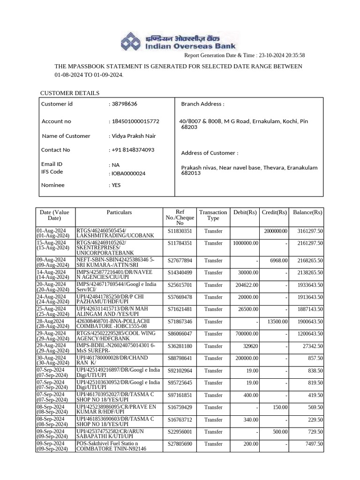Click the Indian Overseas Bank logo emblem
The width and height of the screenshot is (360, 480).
click(x=133, y=41)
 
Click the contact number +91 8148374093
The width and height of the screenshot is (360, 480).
click(x=133, y=150)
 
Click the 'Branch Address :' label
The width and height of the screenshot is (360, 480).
click(x=202, y=104)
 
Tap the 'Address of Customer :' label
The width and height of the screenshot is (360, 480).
click(x=210, y=153)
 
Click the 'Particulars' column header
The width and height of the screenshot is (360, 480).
click(x=119, y=212)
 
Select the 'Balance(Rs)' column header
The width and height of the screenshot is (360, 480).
click(x=307, y=212)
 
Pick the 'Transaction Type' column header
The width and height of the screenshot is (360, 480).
click(x=213, y=215)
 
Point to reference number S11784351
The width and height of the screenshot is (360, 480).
click(x=180, y=243)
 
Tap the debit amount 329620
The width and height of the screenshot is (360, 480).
click(x=248, y=346)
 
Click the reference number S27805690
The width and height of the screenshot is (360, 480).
click(x=180, y=444)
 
